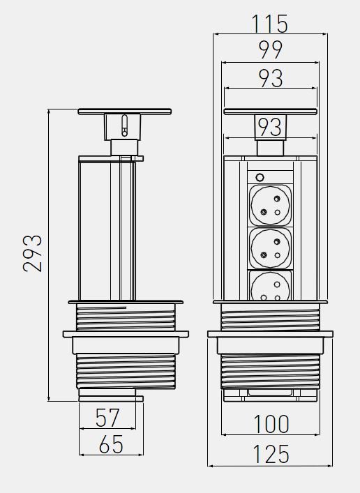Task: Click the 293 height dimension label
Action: (x=32, y=253)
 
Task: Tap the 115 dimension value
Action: (x=270, y=24)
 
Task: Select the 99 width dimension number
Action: (x=270, y=50)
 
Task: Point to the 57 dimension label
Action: (x=107, y=418)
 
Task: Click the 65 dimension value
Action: (x=111, y=444)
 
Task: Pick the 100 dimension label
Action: (x=271, y=424)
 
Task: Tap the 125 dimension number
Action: (x=271, y=454)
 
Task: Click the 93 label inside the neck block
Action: (x=270, y=127)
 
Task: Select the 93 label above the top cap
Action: (x=271, y=78)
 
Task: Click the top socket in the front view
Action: (x=270, y=205)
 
